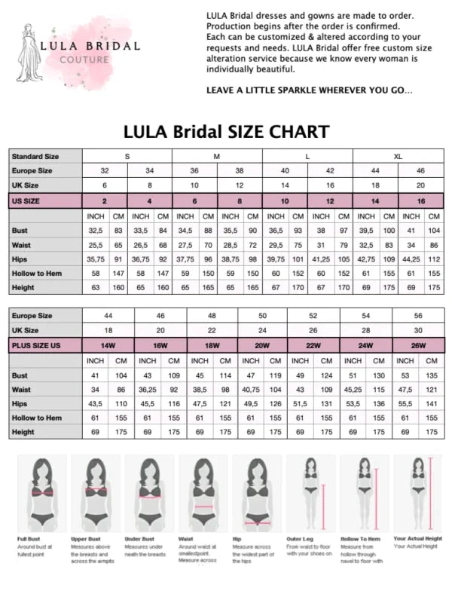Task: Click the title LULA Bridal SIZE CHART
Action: [x=226, y=132]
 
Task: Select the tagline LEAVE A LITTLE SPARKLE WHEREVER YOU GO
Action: [x=309, y=90]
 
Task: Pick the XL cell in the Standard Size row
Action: [x=397, y=156]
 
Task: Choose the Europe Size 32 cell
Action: [x=105, y=171]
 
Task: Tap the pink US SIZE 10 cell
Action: [x=285, y=200]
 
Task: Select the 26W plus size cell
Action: [x=419, y=345]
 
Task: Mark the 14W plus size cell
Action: [x=105, y=345]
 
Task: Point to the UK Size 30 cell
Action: [x=419, y=331]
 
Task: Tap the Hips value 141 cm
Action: [x=432, y=403]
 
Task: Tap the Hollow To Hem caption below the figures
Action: [x=359, y=539]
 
